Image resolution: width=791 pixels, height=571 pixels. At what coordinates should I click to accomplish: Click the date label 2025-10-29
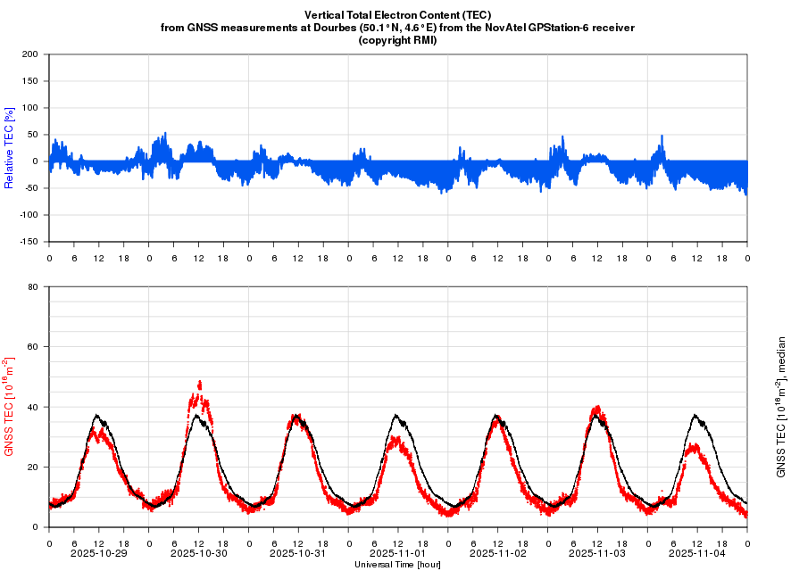(98, 553)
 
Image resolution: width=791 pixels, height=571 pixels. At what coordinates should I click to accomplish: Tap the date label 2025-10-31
(298, 553)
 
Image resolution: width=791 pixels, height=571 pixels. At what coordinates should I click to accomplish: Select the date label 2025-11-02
(497, 553)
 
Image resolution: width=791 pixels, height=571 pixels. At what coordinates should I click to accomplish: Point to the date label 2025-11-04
(697, 553)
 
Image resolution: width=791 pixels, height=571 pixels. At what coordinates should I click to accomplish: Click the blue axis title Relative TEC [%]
(10, 148)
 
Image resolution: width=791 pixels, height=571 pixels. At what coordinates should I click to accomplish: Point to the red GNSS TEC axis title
(10, 407)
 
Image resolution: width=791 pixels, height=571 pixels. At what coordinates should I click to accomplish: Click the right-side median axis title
(782, 407)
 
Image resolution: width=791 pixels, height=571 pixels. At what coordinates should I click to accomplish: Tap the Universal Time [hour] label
(397, 565)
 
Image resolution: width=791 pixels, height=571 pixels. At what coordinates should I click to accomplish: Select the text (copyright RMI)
(397, 40)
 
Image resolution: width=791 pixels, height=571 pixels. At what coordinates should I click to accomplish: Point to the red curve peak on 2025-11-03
(597, 407)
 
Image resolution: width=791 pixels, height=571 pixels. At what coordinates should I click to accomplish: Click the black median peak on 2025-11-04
(696, 415)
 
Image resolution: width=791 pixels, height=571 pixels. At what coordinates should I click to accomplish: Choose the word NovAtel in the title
(510, 28)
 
